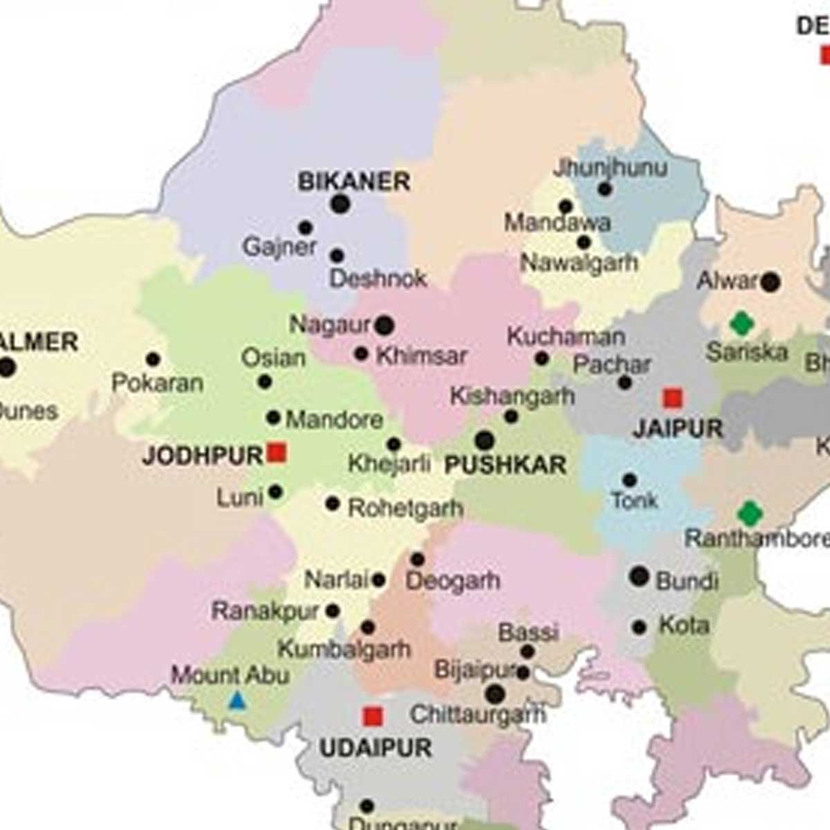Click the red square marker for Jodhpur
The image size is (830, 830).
pyautogui.click(x=277, y=453)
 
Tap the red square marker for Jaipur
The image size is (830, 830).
pyautogui.click(x=672, y=398)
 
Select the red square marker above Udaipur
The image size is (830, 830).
pyautogui.click(x=373, y=716)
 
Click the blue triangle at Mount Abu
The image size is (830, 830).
pyautogui.click(x=237, y=701)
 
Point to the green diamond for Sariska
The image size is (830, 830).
pyautogui.click(x=741, y=323)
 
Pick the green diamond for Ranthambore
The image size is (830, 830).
pyautogui.click(x=750, y=513)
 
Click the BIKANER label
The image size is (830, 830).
pyautogui.click(x=354, y=182)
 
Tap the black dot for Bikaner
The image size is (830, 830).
pyautogui.click(x=340, y=204)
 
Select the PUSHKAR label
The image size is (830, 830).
pyautogui.click(x=505, y=465)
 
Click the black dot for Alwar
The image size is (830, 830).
pyautogui.click(x=770, y=282)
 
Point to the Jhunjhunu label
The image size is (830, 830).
pyautogui.click(x=610, y=168)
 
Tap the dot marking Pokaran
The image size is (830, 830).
pyautogui.click(x=153, y=360)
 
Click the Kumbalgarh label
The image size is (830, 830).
pyautogui.click(x=344, y=649)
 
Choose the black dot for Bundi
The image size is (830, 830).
pyautogui.click(x=639, y=576)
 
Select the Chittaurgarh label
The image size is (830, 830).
pyautogui.click(x=477, y=714)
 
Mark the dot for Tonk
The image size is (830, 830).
pyautogui.click(x=629, y=480)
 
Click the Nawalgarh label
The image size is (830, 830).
pyautogui.click(x=579, y=263)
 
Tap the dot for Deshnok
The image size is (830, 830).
pyautogui.click(x=337, y=255)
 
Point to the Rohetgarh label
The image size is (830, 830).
pyautogui.click(x=405, y=508)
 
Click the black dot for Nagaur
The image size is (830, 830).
pyautogui.click(x=385, y=325)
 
